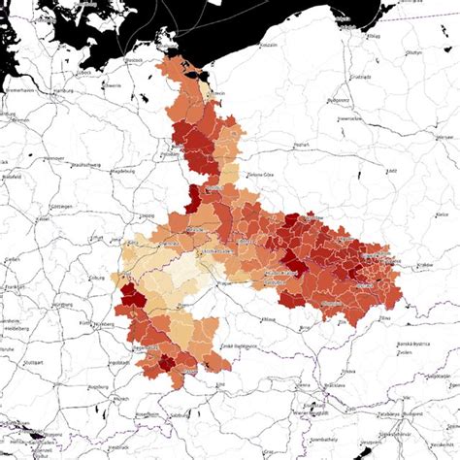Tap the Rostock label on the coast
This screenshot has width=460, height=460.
133,60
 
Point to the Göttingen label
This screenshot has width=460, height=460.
60,207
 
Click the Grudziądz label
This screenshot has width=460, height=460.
361,76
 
